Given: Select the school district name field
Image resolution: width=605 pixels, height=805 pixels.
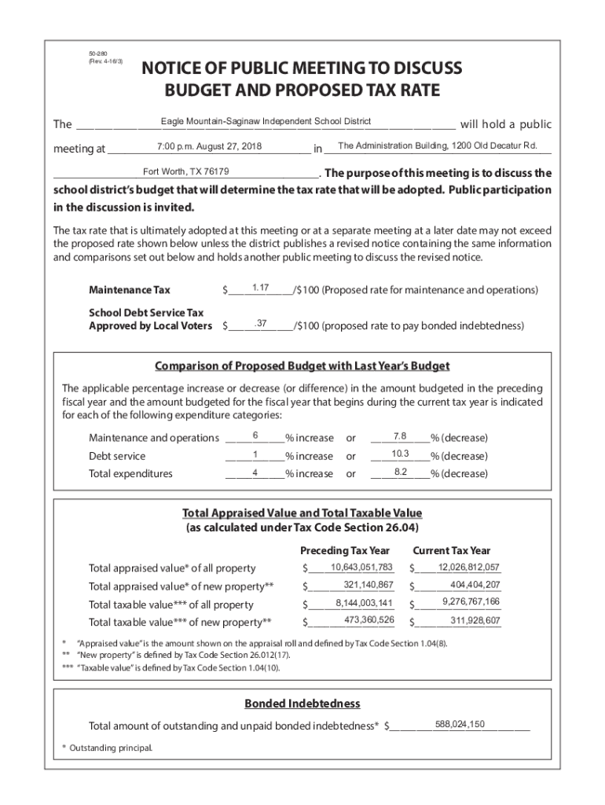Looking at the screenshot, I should pyautogui.click(x=266, y=121).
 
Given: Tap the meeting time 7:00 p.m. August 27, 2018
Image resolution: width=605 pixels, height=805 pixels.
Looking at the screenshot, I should pyautogui.click(x=209, y=146).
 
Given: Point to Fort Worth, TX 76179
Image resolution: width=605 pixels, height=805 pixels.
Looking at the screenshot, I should pyautogui.click(x=186, y=171).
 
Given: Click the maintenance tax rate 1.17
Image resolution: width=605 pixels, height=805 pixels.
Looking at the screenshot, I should pyautogui.click(x=262, y=289).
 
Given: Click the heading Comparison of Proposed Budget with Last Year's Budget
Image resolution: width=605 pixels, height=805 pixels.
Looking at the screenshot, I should pyautogui.click(x=302, y=366).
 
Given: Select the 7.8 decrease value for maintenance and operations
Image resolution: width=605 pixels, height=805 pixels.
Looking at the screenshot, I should pyautogui.click(x=399, y=436).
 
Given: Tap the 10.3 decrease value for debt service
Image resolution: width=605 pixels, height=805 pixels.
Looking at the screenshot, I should pyautogui.click(x=400, y=454).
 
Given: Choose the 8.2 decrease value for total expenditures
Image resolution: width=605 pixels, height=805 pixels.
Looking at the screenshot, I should pyautogui.click(x=400, y=472).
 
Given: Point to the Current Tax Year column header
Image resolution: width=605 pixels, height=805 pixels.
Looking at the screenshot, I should pyautogui.click(x=451, y=550).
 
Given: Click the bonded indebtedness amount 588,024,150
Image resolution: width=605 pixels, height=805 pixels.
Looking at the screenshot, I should pyautogui.click(x=459, y=724).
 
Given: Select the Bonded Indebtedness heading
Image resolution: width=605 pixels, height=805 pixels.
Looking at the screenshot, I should pyautogui.click(x=302, y=703).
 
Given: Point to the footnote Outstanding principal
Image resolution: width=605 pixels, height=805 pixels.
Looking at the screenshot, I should pyautogui.click(x=107, y=748).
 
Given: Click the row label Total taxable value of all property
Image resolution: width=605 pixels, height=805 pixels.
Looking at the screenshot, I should pyautogui.click(x=170, y=605).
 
